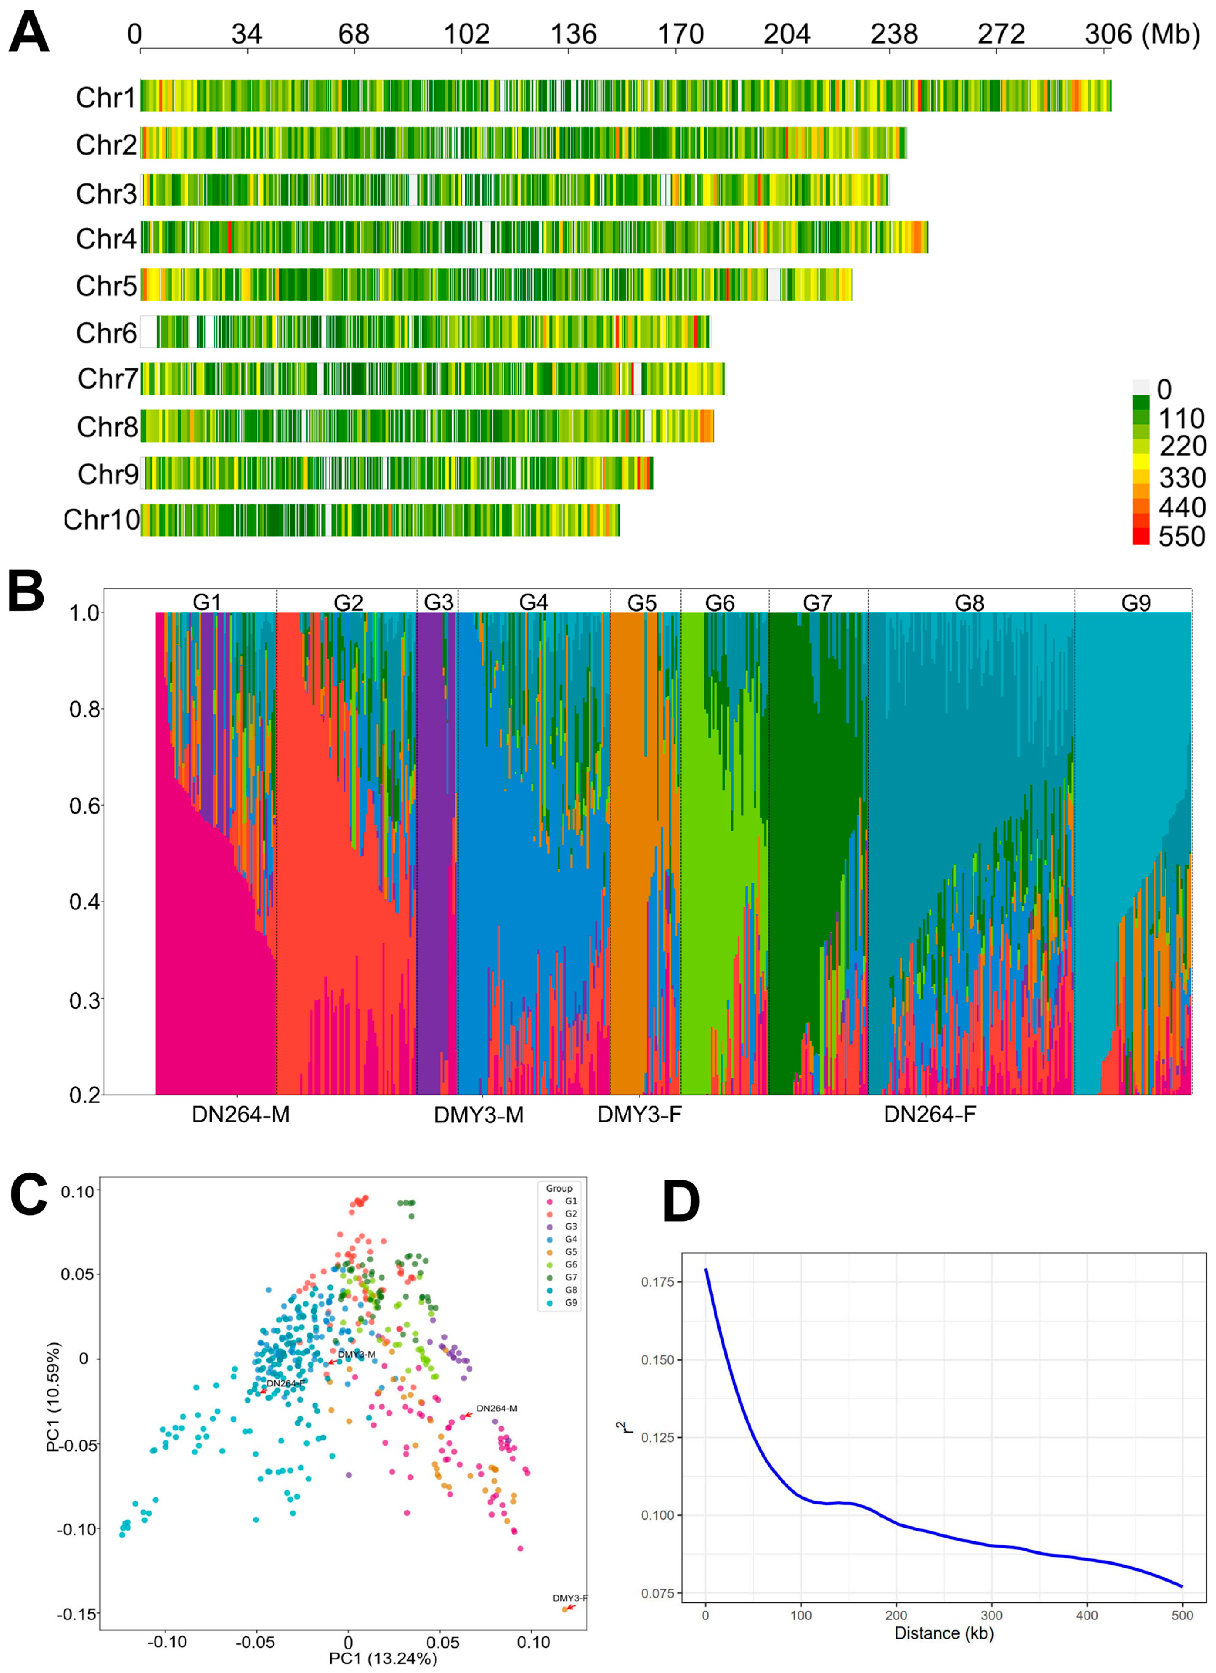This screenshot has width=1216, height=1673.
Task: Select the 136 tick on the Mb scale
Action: (x=574, y=34)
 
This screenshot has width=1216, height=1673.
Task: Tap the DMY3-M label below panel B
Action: (x=478, y=1115)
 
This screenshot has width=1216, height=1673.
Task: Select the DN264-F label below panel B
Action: (x=930, y=1115)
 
